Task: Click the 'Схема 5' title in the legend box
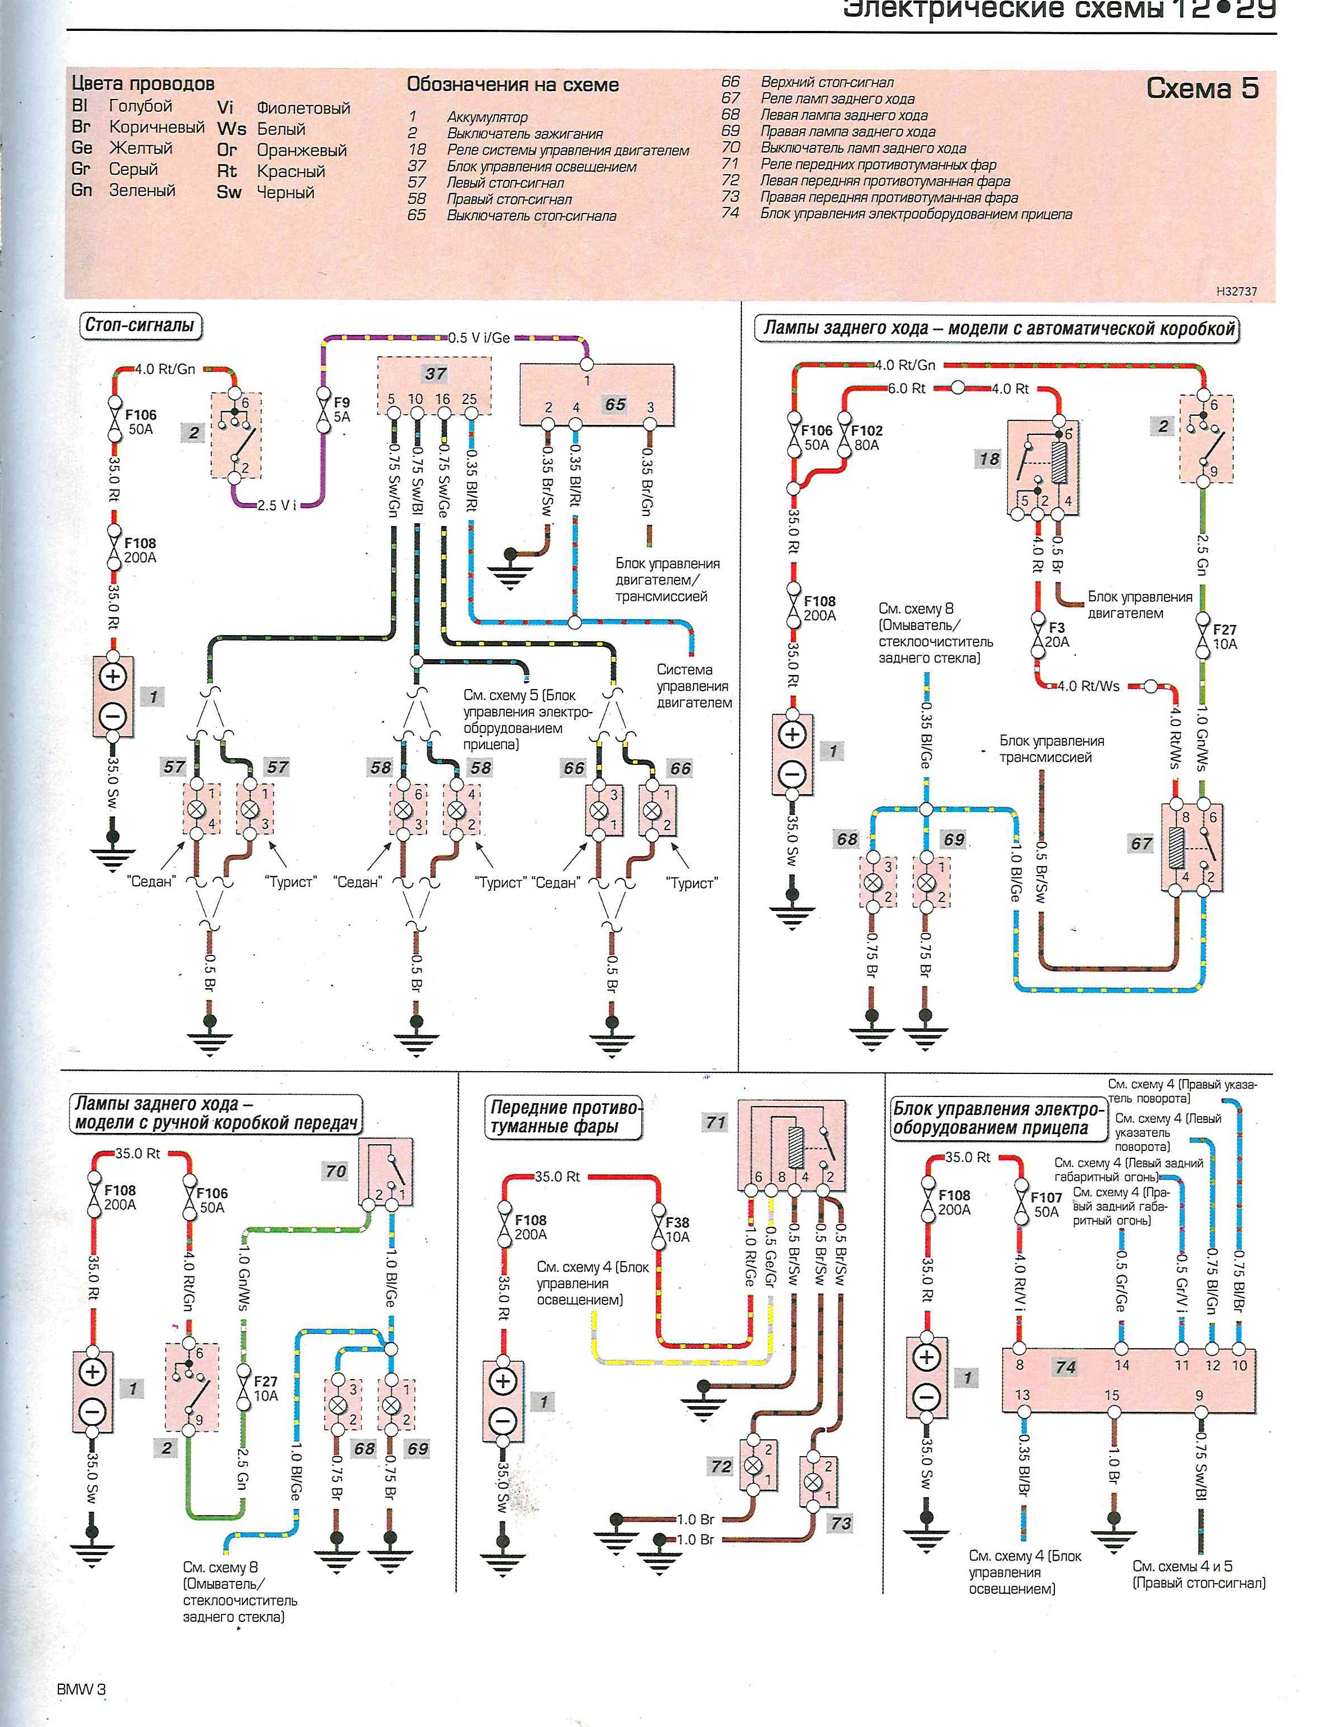click(1202, 88)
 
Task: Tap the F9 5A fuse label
click(341, 409)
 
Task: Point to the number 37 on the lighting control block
click(435, 374)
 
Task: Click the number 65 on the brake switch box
click(615, 404)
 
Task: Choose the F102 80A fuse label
click(867, 437)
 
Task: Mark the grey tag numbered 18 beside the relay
click(989, 459)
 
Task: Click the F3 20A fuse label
click(1057, 635)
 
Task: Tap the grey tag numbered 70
click(336, 1171)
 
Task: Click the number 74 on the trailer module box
click(1066, 1367)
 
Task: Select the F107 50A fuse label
click(1046, 1204)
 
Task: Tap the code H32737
click(1236, 291)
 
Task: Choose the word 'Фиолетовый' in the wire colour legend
click(302, 108)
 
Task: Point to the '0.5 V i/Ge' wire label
click(479, 337)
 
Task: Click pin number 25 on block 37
click(469, 400)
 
